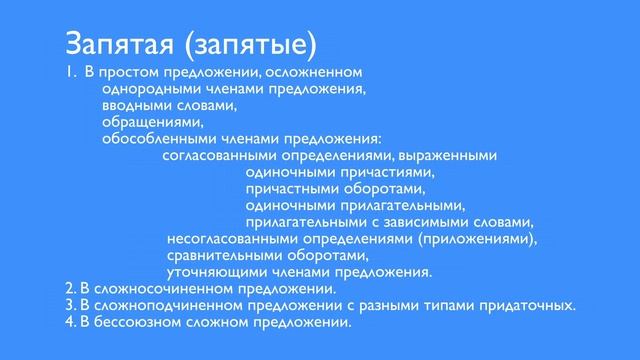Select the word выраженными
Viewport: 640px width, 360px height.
447,157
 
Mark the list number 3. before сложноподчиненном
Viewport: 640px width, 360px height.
70,305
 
